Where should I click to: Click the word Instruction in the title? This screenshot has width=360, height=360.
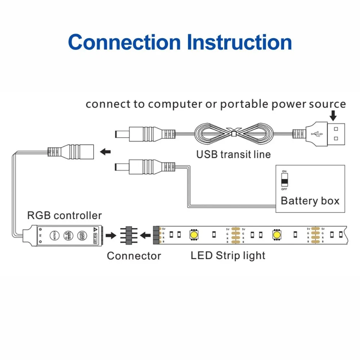pos(239,42)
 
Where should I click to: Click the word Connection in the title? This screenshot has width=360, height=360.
pos(124,42)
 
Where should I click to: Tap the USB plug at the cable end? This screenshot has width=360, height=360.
pos(326,134)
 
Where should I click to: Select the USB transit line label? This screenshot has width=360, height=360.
pos(233,154)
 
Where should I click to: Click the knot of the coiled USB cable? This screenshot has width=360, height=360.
pos(233,134)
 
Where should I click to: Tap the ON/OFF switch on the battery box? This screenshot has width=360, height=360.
pos(284,180)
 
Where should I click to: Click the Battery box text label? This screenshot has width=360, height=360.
pos(310,201)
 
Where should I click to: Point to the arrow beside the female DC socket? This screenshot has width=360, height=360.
pos(105,152)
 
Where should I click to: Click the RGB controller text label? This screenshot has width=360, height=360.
pos(65,216)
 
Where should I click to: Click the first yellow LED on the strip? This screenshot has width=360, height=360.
pos(193,235)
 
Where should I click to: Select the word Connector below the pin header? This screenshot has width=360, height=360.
pos(134,256)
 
